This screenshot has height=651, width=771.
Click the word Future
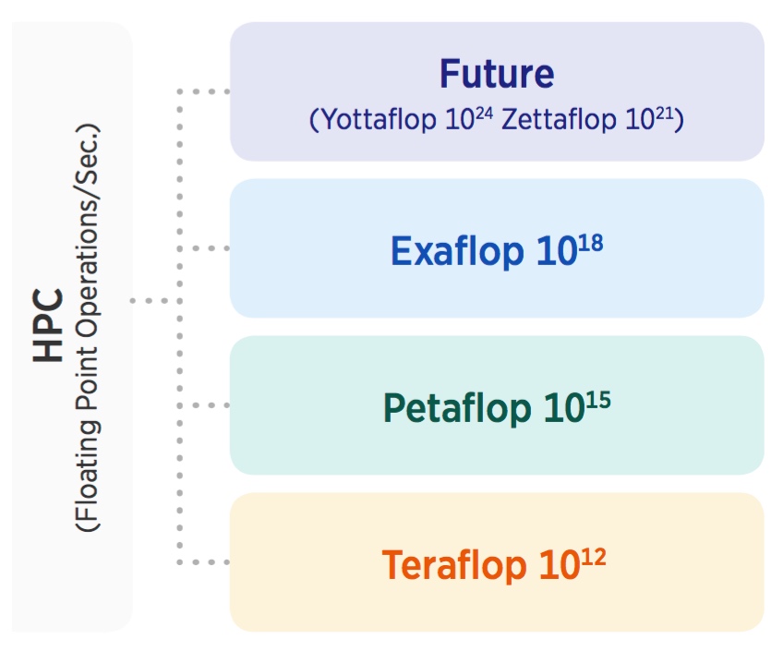coord(497,74)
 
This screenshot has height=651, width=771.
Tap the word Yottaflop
coord(379,119)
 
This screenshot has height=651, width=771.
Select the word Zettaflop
coord(559,119)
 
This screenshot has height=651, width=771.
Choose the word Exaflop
coord(457,251)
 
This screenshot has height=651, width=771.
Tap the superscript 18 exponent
coord(591,244)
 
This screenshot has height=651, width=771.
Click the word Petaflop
coord(457,408)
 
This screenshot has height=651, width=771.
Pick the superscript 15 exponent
coord(598,400)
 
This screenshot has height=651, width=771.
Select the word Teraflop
coord(454,565)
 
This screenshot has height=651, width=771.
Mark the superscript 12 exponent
coord(594,557)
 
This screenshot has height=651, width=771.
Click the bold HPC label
coord(48,325)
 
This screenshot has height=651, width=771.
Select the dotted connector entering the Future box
coord(203,91)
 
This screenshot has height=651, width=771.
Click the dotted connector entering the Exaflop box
coord(203,248)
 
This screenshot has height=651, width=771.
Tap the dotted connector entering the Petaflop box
coord(203,405)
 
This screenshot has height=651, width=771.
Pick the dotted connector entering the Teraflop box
coord(203,562)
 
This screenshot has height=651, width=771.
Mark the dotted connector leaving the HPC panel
coord(156,300)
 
